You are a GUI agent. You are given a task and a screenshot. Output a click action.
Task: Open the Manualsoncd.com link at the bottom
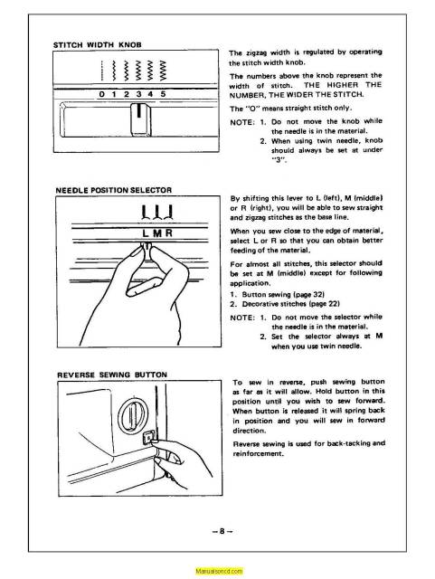coord(216,572)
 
